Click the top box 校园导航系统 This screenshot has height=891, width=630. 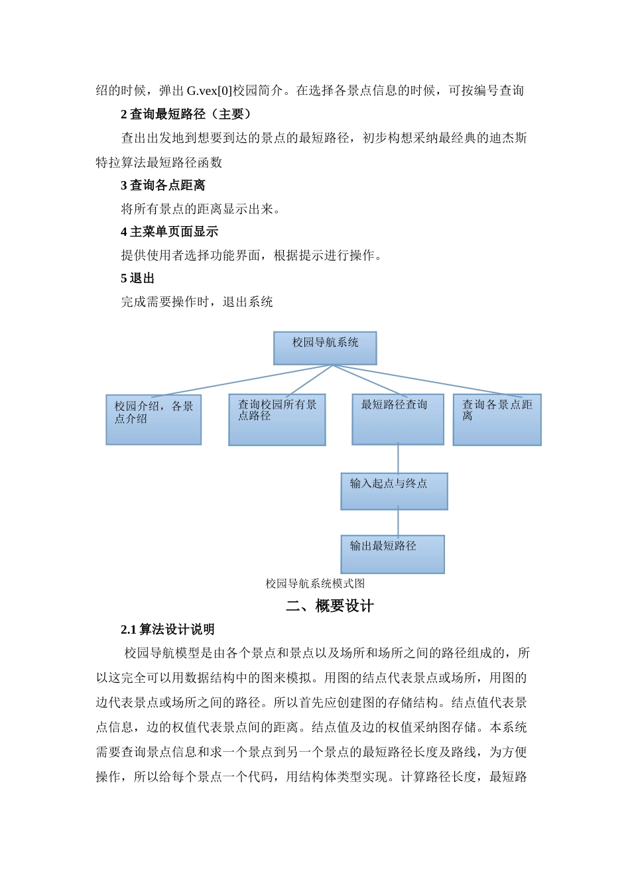point(325,348)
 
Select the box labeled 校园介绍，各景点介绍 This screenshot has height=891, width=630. point(153,420)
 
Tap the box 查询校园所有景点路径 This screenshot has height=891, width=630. point(277,420)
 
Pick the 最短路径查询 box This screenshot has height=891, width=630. point(397,420)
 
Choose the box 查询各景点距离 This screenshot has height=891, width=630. point(497,420)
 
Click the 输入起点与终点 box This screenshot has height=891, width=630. point(394,491)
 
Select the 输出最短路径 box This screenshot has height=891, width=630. point(392,554)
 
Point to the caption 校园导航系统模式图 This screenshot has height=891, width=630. point(315,583)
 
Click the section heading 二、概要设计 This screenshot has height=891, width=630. point(330,606)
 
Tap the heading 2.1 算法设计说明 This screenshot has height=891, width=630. point(168,629)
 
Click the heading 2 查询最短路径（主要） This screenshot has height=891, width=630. point(186,114)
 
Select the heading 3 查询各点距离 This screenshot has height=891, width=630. point(163,185)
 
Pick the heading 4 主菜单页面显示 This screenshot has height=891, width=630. point(169,231)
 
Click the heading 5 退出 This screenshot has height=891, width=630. point(137,278)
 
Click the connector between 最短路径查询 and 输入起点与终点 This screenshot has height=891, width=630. point(398,459)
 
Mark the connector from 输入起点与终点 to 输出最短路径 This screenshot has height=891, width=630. point(398,522)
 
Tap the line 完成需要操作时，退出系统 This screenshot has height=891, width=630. point(197,302)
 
